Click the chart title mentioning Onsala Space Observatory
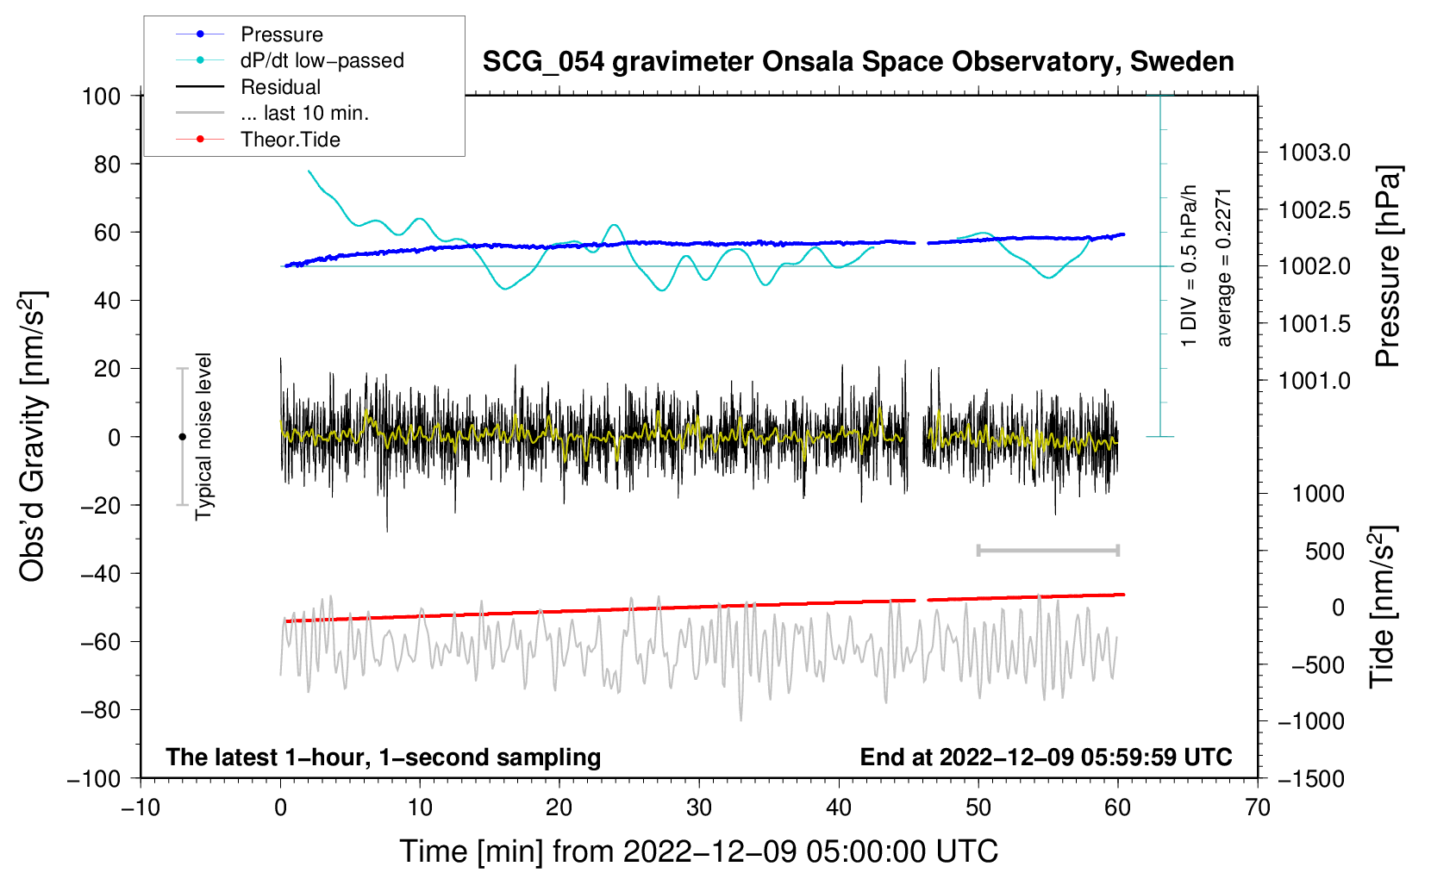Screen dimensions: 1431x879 [x=858, y=62]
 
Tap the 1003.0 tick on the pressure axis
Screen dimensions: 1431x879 [x=1314, y=153]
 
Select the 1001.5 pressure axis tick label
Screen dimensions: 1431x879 [x=1314, y=324]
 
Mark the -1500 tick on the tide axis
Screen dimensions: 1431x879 [x=1311, y=779]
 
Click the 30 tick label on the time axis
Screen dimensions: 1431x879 [x=699, y=807]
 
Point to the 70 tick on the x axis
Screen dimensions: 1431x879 [x=1257, y=807]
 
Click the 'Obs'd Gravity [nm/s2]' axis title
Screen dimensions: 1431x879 [x=32, y=436]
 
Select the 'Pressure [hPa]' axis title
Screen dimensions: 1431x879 [x=1388, y=266]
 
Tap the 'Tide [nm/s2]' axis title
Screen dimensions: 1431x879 [x=1383, y=607]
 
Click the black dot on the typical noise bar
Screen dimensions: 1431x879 [x=182, y=437]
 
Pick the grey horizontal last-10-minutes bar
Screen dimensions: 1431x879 [x=1047, y=550]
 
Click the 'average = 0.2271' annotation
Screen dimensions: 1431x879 [x=1223, y=267]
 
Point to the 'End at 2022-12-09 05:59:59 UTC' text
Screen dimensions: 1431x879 [x=1046, y=757]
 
